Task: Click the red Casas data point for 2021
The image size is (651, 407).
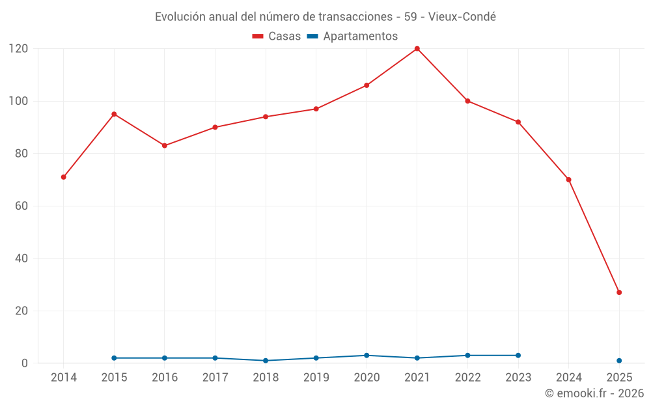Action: (x=417, y=49)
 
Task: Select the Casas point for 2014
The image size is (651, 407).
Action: (x=64, y=177)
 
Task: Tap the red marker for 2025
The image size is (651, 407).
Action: (x=619, y=292)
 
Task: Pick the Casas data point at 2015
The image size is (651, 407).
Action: (x=114, y=114)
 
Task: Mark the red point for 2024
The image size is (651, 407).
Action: (x=568, y=180)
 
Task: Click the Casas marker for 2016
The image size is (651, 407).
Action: (x=165, y=146)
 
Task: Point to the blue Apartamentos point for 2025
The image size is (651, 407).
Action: (x=619, y=361)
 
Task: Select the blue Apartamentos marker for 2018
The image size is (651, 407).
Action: (x=266, y=361)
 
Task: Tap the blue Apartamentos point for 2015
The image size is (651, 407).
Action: (x=114, y=358)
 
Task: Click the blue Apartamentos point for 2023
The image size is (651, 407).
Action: (x=518, y=356)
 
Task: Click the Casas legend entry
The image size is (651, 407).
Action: (x=277, y=36)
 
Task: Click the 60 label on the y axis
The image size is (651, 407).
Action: (x=21, y=206)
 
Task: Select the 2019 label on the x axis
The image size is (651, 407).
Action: (x=316, y=378)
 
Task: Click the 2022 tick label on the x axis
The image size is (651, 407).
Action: (x=467, y=378)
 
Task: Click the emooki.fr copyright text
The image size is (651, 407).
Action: (x=594, y=393)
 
